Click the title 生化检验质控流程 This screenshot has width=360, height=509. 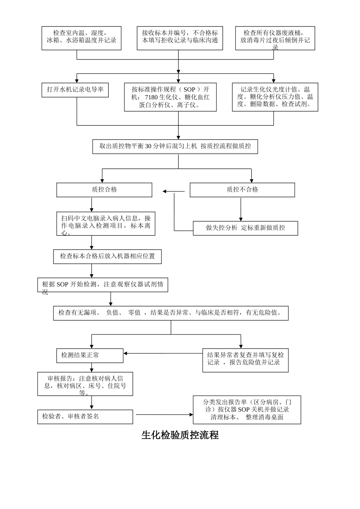[180, 435]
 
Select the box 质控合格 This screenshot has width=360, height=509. [104, 190]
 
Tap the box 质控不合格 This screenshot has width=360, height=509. [242, 190]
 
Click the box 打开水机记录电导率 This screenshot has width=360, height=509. [75, 90]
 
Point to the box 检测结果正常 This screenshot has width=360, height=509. [90, 355]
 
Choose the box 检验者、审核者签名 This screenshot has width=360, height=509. [85, 417]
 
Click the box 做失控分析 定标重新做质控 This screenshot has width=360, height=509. [245, 228]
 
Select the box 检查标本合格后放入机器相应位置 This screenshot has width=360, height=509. [108, 256]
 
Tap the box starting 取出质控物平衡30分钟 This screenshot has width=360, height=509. [175, 146]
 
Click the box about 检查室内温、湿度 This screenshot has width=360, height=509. [81, 38]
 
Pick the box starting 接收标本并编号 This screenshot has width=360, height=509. [180, 38]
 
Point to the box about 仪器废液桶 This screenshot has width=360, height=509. [275, 38]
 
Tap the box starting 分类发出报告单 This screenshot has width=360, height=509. [247, 410]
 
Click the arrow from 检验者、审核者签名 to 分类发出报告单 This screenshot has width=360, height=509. [164, 415]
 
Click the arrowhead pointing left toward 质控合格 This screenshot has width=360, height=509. [165, 192]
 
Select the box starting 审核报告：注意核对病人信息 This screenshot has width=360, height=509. [85, 384]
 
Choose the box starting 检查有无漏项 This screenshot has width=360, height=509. [171, 313]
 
